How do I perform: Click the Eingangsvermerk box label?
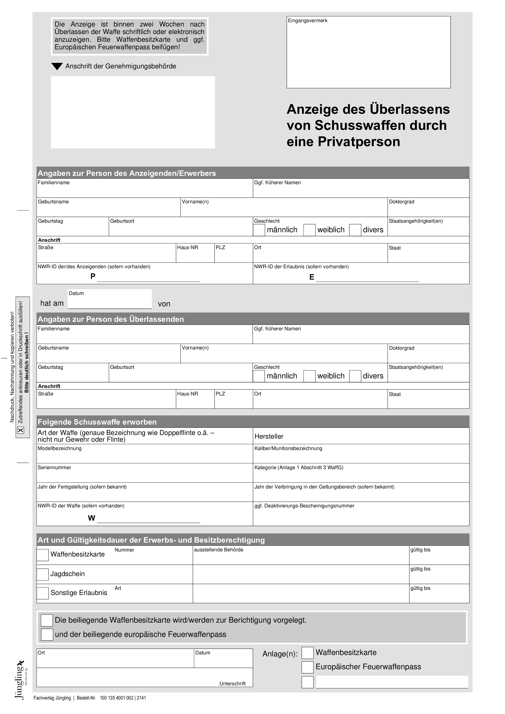(307, 21)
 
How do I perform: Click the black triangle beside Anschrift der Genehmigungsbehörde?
(57, 66)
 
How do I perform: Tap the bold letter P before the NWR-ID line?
(93, 276)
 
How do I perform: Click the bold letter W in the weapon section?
(91, 518)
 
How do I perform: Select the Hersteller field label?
(269, 436)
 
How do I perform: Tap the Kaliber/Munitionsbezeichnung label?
(288, 448)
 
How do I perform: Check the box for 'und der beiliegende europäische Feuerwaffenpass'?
(47, 634)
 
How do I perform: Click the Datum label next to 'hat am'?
(76, 293)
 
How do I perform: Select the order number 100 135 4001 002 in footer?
(116, 698)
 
